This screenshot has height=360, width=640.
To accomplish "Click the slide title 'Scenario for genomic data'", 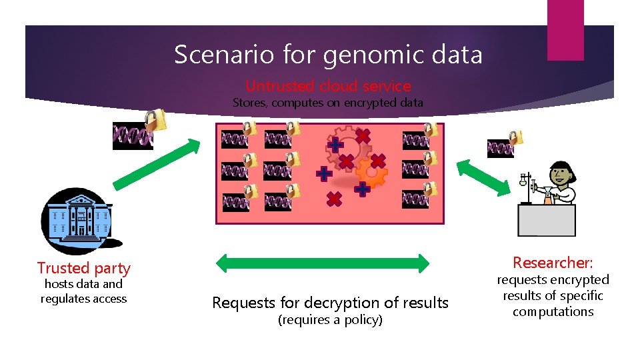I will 328,54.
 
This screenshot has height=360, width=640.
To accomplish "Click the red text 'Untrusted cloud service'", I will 328,86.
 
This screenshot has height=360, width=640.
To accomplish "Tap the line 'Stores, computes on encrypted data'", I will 327,103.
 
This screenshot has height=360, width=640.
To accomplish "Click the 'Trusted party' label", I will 84,268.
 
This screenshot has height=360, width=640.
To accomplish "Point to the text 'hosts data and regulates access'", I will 83,291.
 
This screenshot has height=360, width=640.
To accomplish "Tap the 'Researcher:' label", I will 553,263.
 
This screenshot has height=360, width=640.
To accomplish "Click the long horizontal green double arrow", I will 323,263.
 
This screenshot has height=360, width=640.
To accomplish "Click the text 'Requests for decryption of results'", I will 330,303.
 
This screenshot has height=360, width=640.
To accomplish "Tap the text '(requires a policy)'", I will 329,320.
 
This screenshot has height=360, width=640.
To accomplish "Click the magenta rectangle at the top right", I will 565,29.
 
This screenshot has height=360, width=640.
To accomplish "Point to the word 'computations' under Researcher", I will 553,311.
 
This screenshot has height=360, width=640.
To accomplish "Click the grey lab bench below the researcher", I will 547,220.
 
